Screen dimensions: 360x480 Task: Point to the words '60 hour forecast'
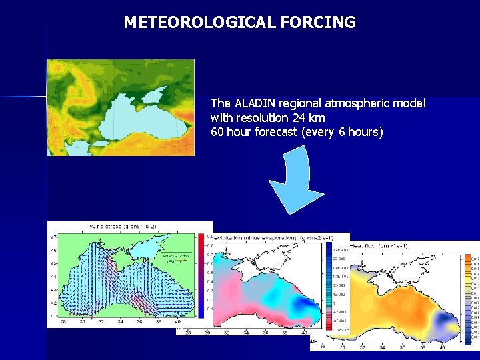tap(254, 132)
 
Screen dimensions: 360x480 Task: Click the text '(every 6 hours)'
tap(343, 132)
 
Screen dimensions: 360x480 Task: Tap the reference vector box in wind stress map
tap(176, 259)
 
